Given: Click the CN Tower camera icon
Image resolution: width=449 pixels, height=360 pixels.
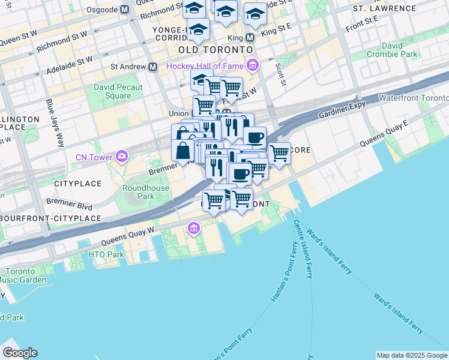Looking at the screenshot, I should [x=122, y=157].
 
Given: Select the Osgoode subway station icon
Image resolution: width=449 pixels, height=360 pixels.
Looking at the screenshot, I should [x=124, y=10].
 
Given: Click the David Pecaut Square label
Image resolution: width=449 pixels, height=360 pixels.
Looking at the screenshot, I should [x=112, y=91].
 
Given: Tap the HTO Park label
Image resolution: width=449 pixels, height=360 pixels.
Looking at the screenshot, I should [x=106, y=254].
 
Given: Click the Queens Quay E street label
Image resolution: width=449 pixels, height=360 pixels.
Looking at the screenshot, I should [x=384, y=133].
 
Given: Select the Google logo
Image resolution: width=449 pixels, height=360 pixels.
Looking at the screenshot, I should [x=20, y=353].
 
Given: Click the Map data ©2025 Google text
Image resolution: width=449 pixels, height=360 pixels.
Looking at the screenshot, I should [x=411, y=355].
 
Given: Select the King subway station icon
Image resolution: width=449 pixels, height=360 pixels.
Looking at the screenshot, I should [x=250, y=37].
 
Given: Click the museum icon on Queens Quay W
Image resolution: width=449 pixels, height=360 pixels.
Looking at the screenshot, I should [x=194, y=228].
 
